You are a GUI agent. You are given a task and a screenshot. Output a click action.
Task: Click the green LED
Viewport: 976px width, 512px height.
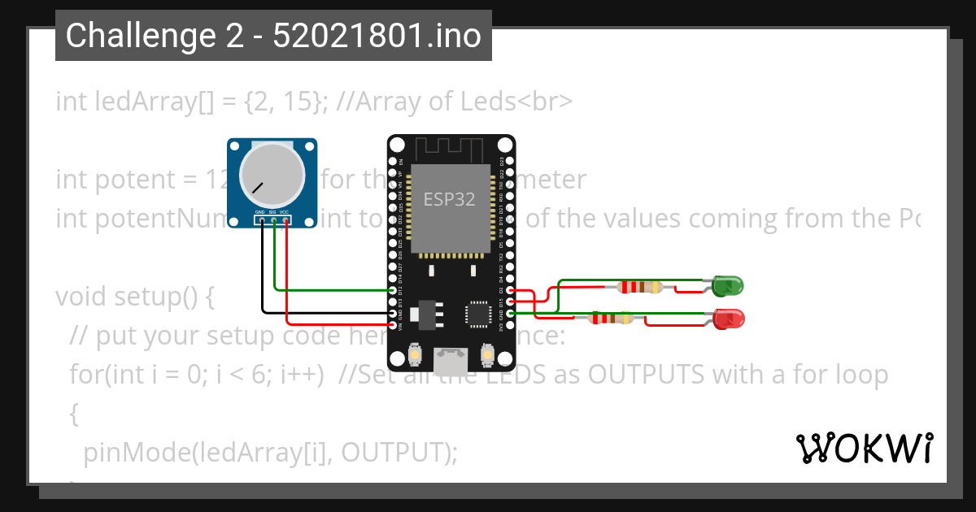(x=727, y=286)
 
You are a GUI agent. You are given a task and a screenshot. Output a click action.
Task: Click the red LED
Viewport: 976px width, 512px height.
(x=729, y=319)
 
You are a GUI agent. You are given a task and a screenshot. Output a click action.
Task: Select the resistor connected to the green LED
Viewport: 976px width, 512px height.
(x=640, y=286)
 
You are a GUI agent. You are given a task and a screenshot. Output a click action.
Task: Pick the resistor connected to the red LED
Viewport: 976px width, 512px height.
(x=611, y=318)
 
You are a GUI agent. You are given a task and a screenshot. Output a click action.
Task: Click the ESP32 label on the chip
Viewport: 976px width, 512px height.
(x=448, y=198)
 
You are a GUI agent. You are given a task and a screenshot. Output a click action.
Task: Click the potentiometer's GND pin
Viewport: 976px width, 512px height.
(x=262, y=220)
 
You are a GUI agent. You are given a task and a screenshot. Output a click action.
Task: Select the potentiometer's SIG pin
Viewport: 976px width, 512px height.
(x=274, y=220)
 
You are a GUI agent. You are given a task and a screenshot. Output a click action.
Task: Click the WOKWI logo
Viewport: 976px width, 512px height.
(x=864, y=448)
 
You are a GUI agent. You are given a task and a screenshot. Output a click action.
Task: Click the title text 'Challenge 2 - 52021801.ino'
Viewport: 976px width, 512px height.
(x=273, y=36)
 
